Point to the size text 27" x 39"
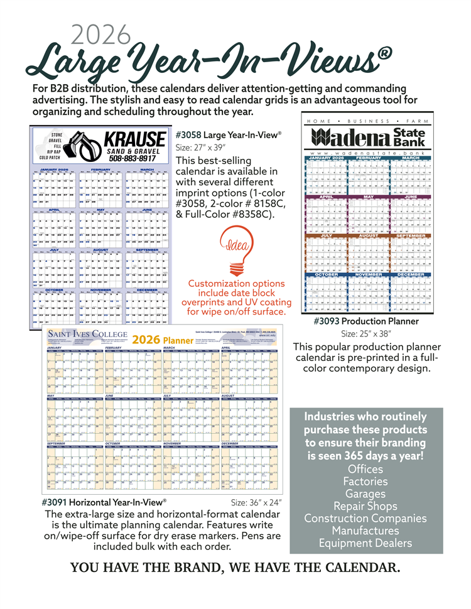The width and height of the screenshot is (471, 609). (200, 148)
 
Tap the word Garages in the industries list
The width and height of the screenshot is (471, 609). (365, 494)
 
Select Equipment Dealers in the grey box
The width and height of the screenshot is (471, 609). (365, 543)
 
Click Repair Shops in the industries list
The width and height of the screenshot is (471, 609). (365, 506)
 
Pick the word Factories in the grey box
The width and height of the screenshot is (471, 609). (365, 482)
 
